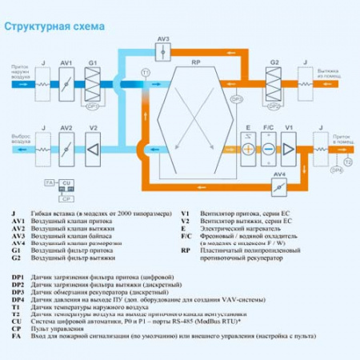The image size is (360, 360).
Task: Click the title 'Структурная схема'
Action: (x=54, y=26)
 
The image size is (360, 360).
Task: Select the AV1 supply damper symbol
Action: (x=67, y=82)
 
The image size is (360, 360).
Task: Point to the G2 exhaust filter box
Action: (x=274, y=82)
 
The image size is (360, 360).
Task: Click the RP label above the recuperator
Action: (x=196, y=62)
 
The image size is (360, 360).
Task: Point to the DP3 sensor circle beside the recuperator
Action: (x=236, y=99)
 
